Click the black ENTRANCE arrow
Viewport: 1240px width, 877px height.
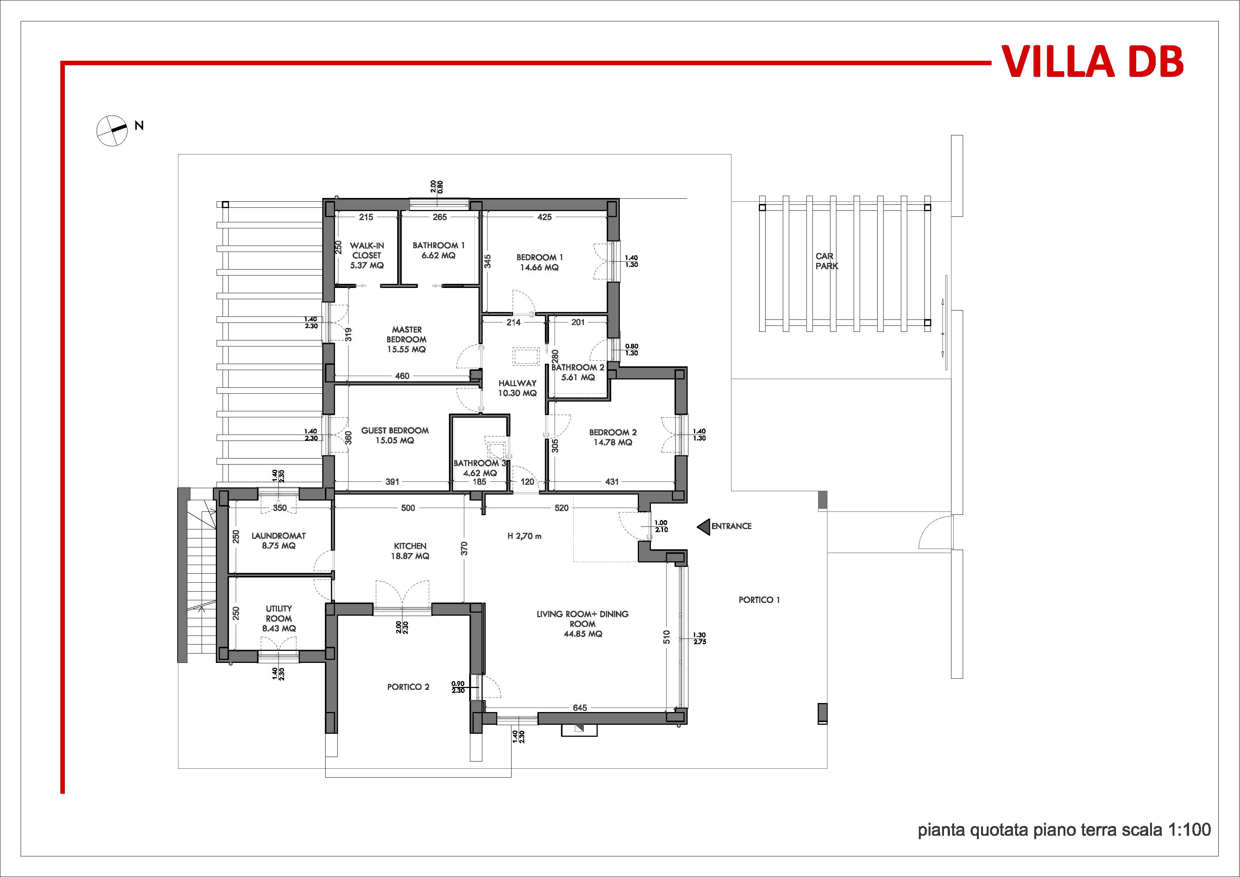(703, 526)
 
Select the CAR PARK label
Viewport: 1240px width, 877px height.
(826, 261)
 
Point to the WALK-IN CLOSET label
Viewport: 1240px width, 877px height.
(367, 250)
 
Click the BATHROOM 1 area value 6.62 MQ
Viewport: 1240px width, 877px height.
(438, 255)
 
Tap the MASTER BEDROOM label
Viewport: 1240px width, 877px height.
(407, 334)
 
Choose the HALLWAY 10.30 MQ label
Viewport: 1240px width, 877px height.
(518, 388)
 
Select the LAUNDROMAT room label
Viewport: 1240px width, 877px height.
(279, 536)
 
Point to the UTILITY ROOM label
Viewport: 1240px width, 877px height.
(279, 613)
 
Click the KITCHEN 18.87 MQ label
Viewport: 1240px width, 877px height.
(410, 551)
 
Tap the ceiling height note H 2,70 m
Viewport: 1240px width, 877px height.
(524, 536)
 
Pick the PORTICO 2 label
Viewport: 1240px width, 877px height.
(408, 687)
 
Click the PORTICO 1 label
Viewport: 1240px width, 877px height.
(759, 600)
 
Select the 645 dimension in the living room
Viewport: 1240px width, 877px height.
(579, 707)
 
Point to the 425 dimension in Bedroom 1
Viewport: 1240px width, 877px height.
(544, 217)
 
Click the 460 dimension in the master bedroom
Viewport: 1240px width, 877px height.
(402, 376)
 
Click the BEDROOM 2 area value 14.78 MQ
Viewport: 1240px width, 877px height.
(613, 442)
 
